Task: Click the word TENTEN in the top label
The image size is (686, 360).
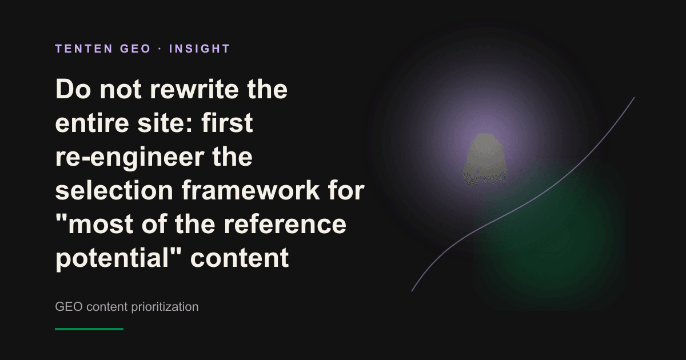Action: pyautogui.click(x=84, y=49)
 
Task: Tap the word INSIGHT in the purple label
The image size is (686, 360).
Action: pyautogui.click(x=200, y=49)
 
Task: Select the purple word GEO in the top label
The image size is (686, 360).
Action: pyautogui.click(x=135, y=49)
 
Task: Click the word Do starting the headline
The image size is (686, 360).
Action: pyautogui.click(x=73, y=89)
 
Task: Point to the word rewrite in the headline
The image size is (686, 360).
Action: pyautogui.click(x=194, y=89)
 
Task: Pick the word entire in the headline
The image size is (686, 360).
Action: pyautogui.click(x=92, y=123)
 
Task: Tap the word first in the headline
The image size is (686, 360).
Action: pyautogui.click(x=227, y=123)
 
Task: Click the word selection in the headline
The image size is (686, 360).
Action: pyautogui.click(x=114, y=190)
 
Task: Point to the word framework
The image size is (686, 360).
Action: pyautogui.click(x=250, y=190)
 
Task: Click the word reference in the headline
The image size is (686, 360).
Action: pyautogui.click(x=285, y=224)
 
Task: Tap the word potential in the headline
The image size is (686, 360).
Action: pyautogui.click(x=112, y=258)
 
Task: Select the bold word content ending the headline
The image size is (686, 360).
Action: pyautogui.click(x=240, y=258)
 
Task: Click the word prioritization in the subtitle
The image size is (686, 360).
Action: pyautogui.click(x=165, y=307)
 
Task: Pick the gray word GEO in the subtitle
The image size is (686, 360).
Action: pyautogui.click(x=69, y=307)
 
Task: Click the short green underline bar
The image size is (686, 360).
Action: pyautogui.click(x=89, y=329)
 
